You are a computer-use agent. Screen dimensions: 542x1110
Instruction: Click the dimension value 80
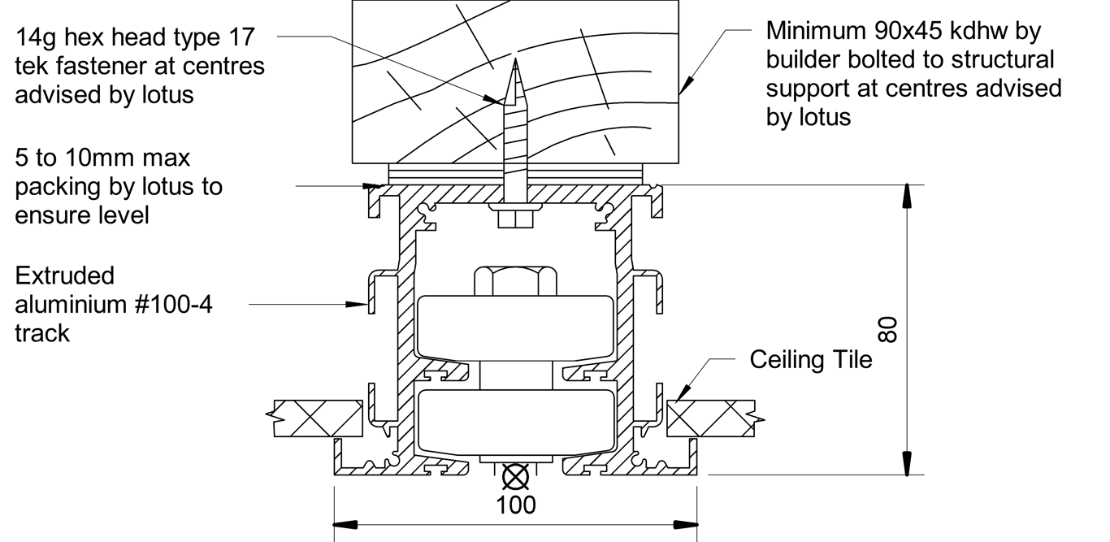tap(889, 329)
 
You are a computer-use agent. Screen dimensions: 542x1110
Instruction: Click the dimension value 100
tap(516, 505)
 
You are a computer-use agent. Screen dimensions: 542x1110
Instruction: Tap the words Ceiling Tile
tap(810, 359)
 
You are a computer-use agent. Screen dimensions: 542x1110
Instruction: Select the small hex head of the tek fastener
tap(514, 218)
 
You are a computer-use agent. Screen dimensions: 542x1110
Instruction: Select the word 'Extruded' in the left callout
tap(65, 275)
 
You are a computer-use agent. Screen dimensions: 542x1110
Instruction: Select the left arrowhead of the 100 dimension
tap(342, 522)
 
